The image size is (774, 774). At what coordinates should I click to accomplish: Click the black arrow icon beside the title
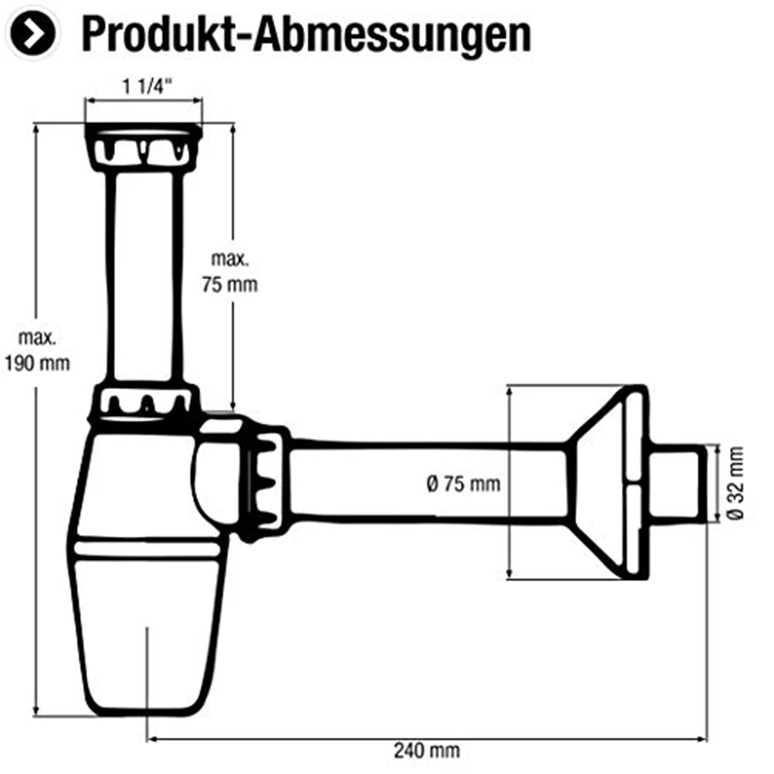point(32,33)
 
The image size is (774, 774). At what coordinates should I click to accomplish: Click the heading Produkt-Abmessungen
point(306,34)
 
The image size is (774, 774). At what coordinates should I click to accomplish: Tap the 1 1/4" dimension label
point(147,87)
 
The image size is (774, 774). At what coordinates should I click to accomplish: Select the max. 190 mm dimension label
point(38,351)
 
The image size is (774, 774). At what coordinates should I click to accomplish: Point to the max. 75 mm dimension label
point(230,272)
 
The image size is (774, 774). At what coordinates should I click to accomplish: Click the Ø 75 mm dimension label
point(463,484)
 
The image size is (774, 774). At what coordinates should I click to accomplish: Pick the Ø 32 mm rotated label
point(735,482)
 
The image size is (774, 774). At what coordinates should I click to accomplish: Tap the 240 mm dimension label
point(427,751)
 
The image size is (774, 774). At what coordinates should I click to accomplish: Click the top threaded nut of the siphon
point(143,147)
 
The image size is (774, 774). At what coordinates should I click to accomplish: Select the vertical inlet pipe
point(144,277)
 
